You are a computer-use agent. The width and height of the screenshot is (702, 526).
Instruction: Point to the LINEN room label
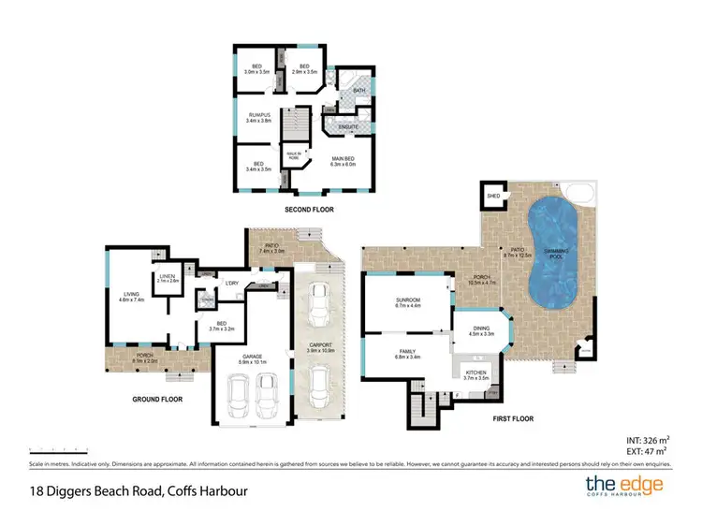(x=168, y=276)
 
